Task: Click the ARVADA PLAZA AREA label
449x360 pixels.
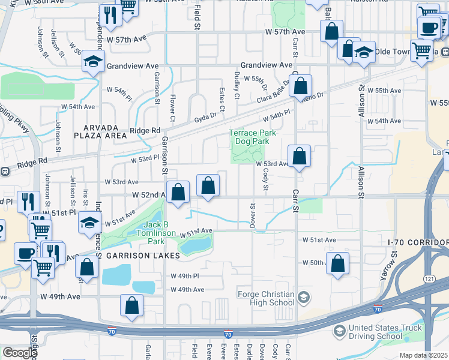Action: (105, 131)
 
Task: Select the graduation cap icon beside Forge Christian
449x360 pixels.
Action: (304, 298)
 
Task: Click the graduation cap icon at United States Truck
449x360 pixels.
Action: (340, 331)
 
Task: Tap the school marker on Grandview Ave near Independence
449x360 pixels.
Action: (94, 61)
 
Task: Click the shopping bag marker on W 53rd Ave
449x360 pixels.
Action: (299, 157)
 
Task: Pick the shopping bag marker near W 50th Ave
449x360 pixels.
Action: (339, 262)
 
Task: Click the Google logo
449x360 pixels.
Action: (19, 353)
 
